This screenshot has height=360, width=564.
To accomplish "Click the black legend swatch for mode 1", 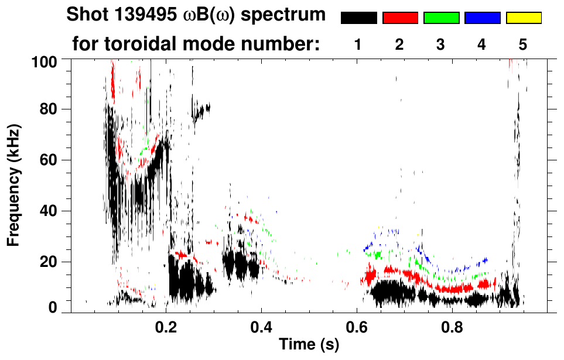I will point(358,18).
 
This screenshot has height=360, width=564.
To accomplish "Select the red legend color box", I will point(400,18).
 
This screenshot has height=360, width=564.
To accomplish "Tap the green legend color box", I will point(441,18).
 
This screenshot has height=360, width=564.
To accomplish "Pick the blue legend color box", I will point(482,18).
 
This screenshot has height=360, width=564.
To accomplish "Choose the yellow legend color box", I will point(523,18).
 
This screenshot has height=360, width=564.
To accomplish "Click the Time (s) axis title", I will point(308,345).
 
